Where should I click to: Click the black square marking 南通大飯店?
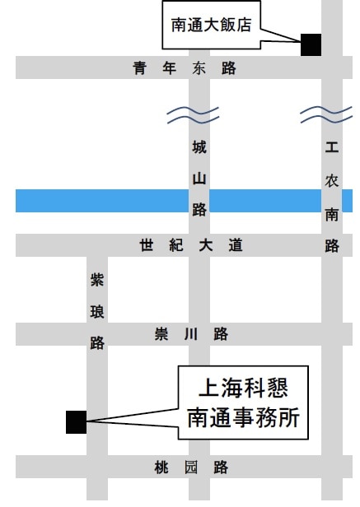click(311, 44)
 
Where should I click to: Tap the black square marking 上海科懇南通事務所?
click(77, 422)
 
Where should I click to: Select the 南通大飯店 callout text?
click(211, 26)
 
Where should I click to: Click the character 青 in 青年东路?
click(139, 68)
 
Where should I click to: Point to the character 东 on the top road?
click(199, 68)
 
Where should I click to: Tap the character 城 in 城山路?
click(199, 147)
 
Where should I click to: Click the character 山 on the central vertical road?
click(199, 179)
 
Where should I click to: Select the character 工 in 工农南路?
click(332, 147)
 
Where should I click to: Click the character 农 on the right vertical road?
click(332, 180)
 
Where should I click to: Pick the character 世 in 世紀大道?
click(147, 245)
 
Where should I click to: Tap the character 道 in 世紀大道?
click(236, 245)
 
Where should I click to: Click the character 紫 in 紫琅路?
click(97, 279)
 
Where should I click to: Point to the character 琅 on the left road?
click(97, 312)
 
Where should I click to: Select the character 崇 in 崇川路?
click(161, 334)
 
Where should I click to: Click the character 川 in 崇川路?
click(191, 334)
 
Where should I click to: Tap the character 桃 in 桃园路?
click(161, 467)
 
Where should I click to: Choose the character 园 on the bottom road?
click(191, 467)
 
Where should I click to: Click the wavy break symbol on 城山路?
click(193, 115)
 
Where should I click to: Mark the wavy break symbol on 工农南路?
click(326, 114)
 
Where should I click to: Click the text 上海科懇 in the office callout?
click(243, 388)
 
